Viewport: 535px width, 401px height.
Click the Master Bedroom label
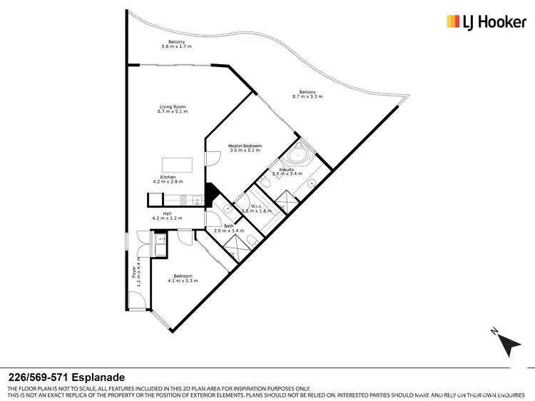(x=245, y=146)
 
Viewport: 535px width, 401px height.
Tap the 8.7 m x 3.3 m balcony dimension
(x=307, y=96)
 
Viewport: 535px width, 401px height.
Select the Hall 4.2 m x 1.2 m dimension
(x=167, y=218)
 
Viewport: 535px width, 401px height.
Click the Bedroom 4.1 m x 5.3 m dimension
(x=182, y=280)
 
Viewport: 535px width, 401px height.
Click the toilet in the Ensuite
(x=265, y=184)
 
